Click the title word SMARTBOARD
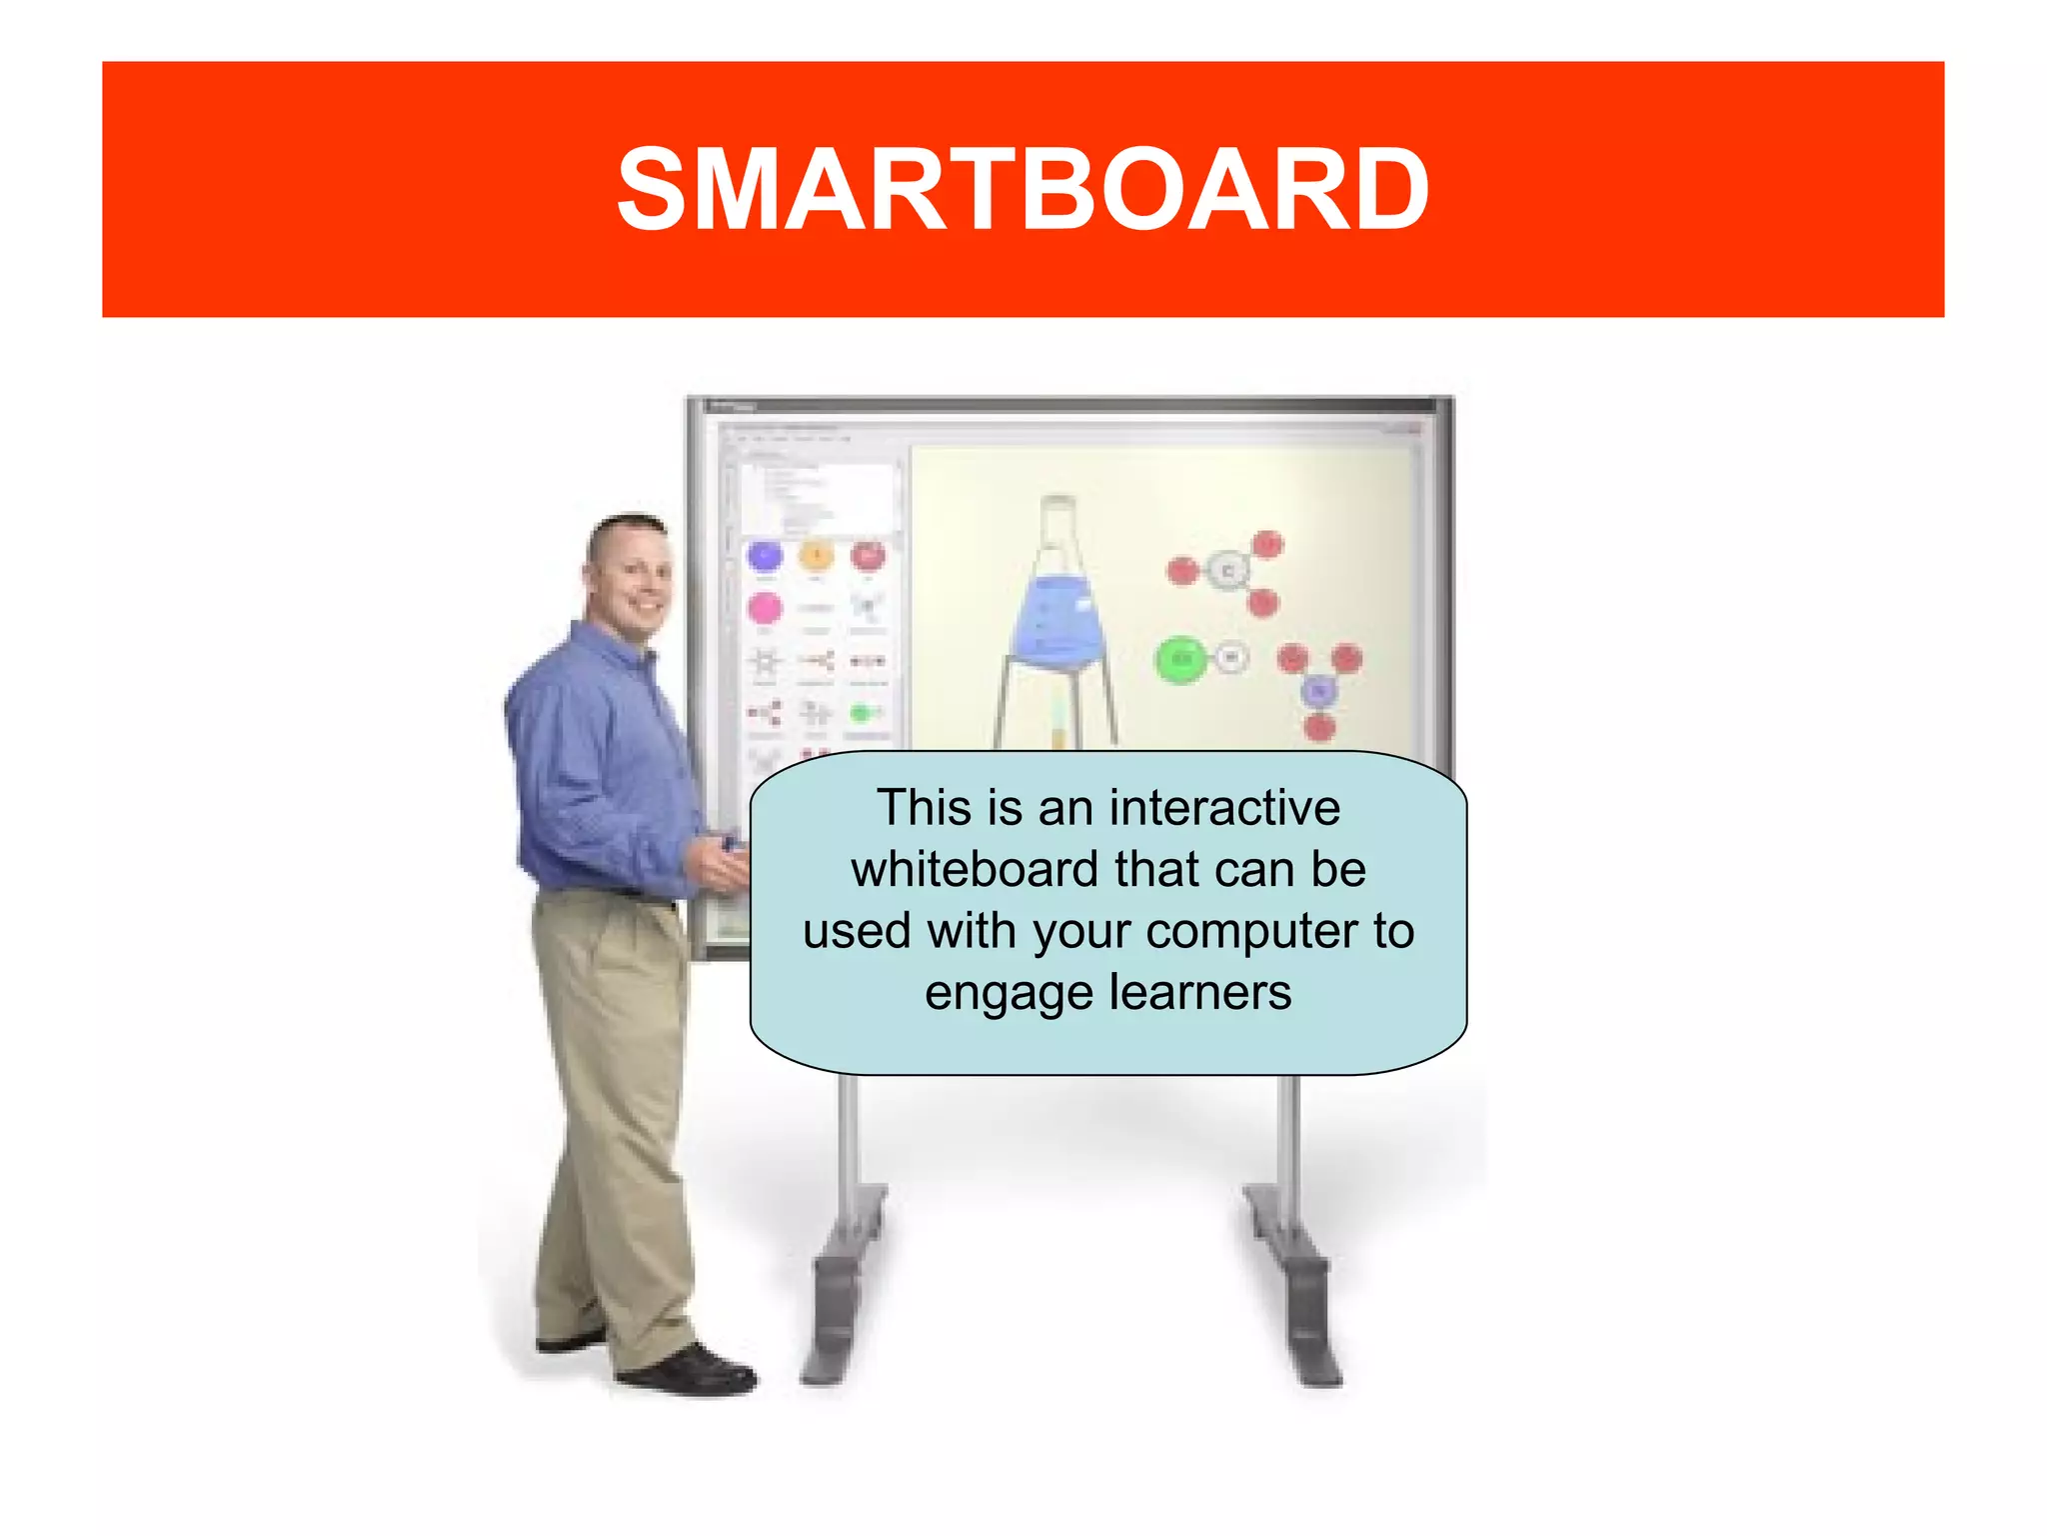[x=1023, y=190]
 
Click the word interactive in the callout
[x=1224, y=808]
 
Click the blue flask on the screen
[x=1057, y=620]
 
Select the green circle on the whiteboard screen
[x=1180, y=659]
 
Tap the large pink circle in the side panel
[x=765, y=608]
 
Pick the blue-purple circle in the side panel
[x=765, y=556]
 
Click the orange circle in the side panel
[x=817, y=555]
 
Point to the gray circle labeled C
[x=1227, y=571]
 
